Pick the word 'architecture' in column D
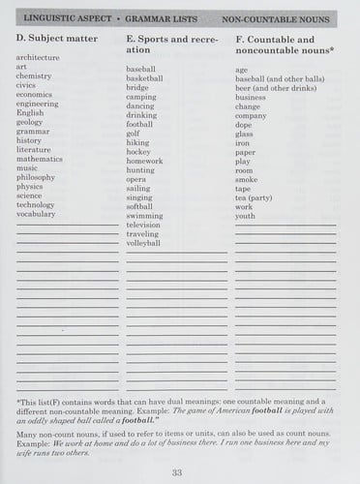click(38, 58)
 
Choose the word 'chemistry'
click(34, 76)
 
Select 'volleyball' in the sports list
click(143, 243)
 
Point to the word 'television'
click(143, 225)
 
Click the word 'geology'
click(30, 122)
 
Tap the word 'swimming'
click(144, 215)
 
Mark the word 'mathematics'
click(40, 159)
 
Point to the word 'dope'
click(243, 124)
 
